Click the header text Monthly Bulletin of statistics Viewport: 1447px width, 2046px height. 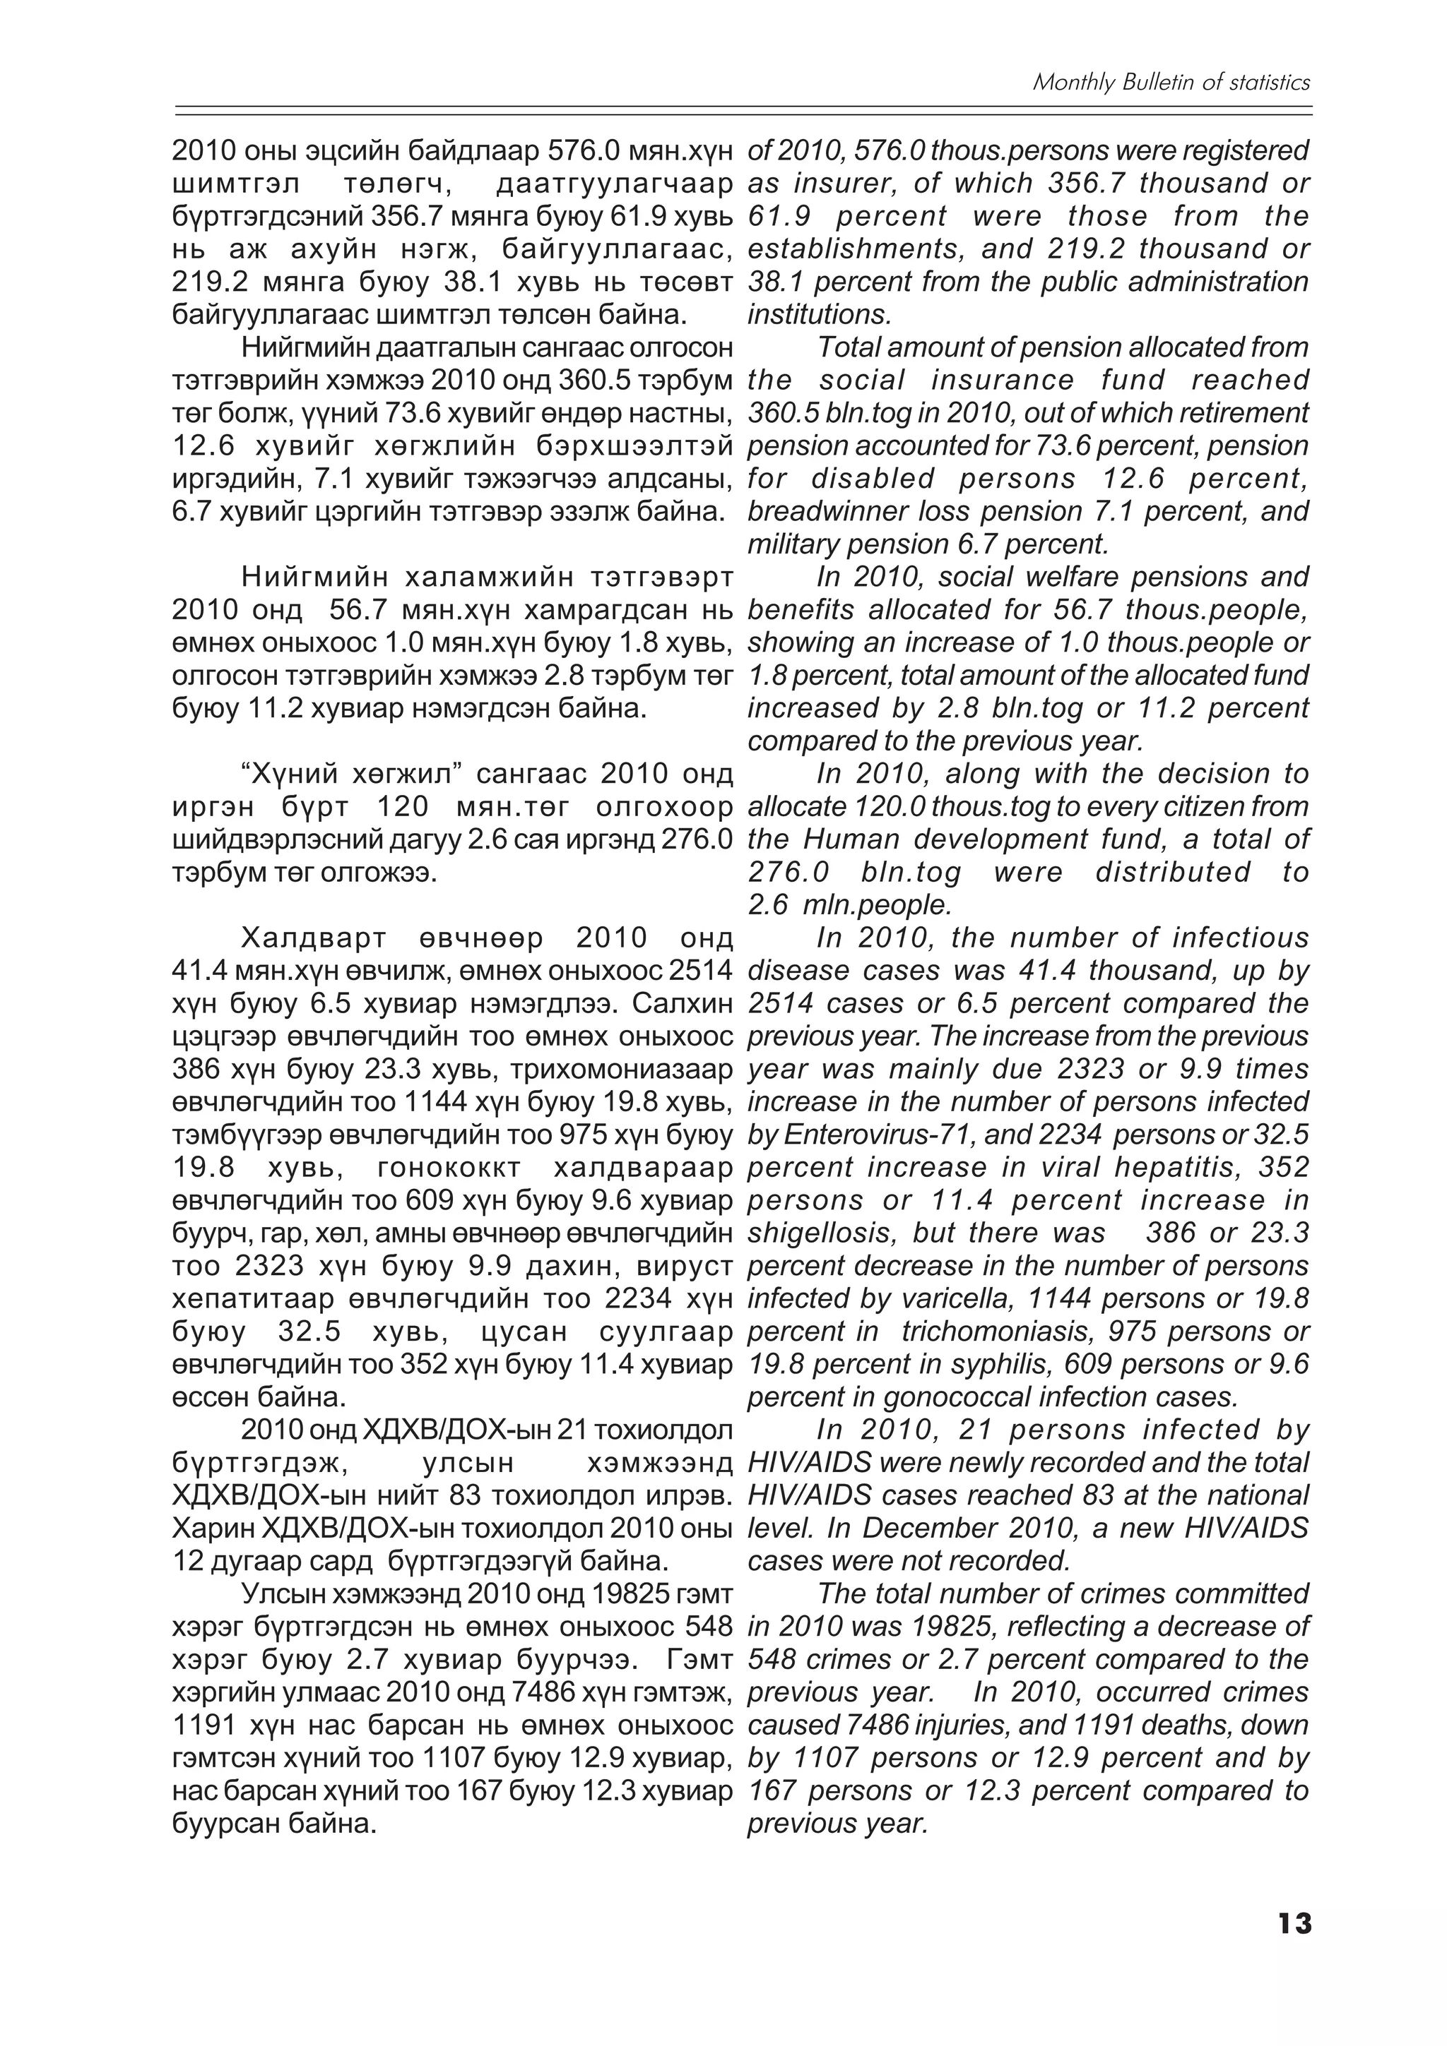click(x=1171, y=83)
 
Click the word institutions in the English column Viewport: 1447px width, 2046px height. click(x=818, y=315)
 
